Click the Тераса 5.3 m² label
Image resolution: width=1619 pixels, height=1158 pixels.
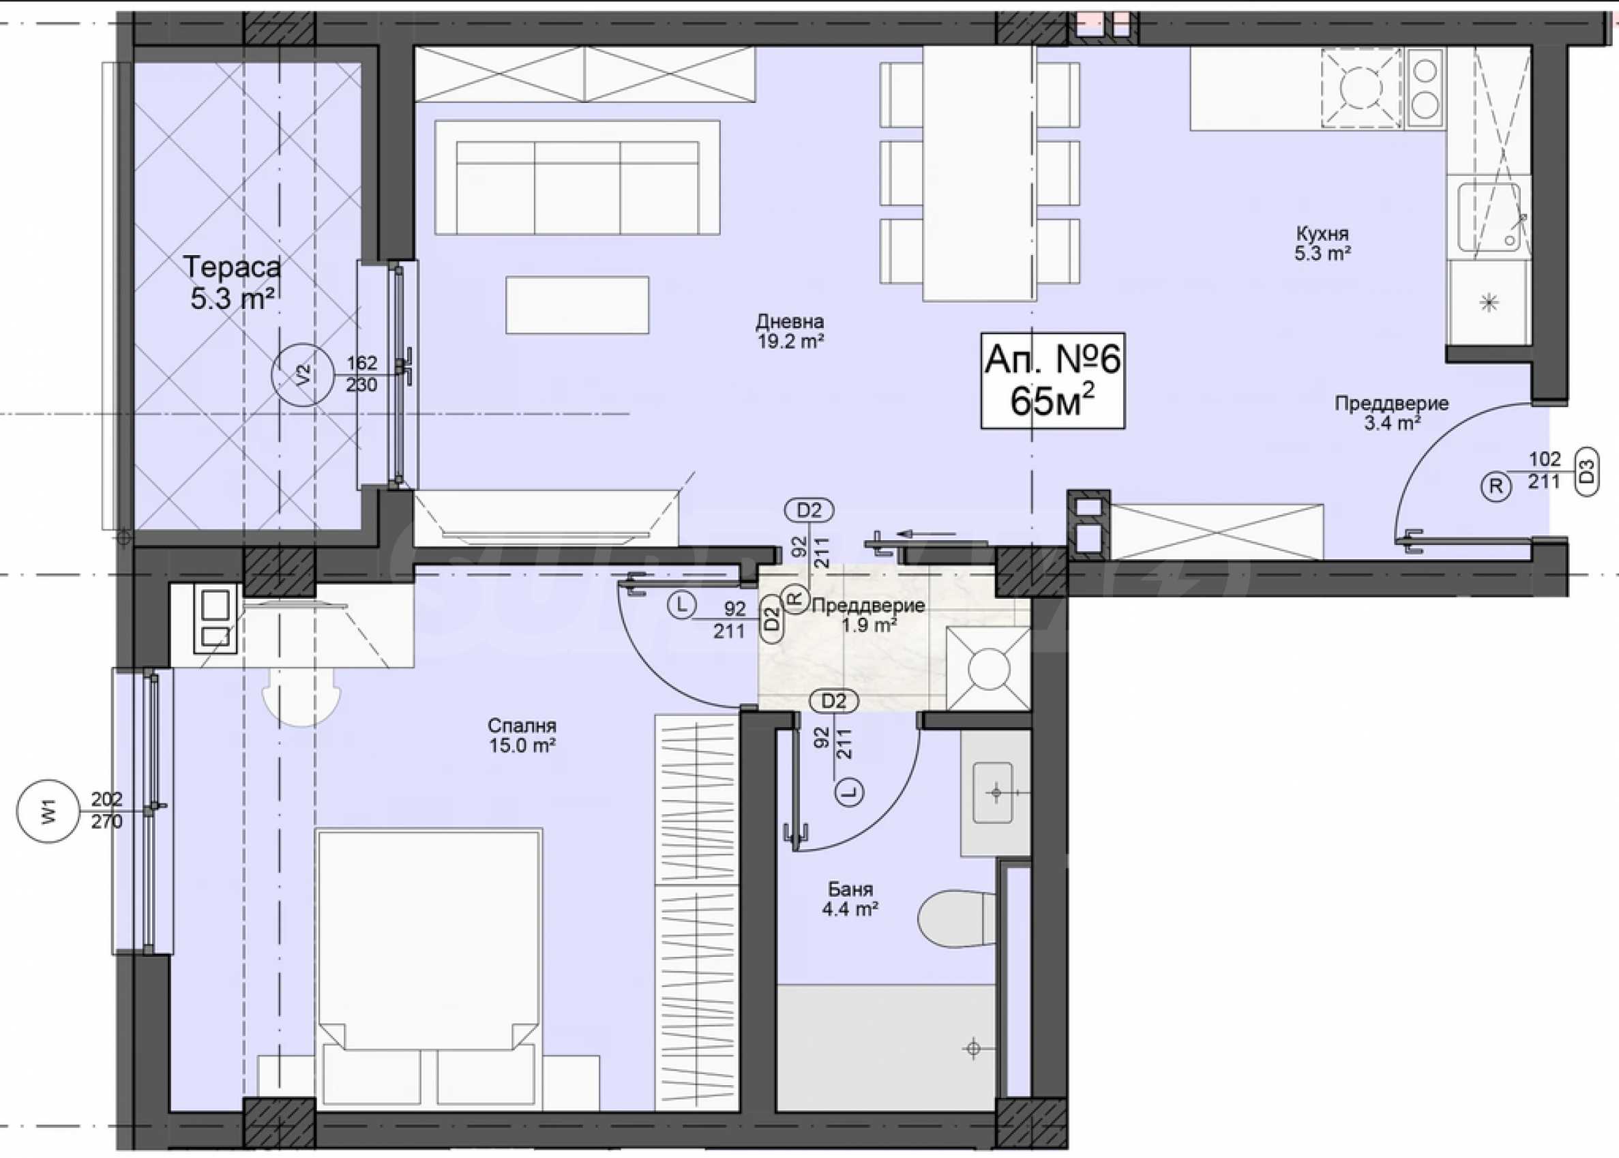tap(233, 283)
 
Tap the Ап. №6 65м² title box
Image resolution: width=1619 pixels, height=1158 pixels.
tap(1053, 381)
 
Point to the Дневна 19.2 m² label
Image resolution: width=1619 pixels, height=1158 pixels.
tap(790, 331)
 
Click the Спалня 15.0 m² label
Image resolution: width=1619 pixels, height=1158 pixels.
tap(522, 735)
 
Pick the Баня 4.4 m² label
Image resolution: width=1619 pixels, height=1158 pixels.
tap(850, 899)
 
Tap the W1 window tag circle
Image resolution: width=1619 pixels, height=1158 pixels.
tap(48, 812)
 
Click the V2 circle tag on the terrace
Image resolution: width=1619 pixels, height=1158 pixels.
tap(303, 375)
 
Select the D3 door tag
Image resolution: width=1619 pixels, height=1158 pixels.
tap(1586, 472)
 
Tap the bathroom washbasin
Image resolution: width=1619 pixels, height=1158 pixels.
tap(995, 792)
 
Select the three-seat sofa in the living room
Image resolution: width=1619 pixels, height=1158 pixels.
tap(578, 177)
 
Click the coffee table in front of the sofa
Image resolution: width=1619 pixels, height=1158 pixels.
tap(578, 304)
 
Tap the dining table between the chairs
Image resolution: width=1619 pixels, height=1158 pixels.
tap(979, 173)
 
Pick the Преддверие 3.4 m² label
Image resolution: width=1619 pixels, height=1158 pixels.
tap(1392, 413)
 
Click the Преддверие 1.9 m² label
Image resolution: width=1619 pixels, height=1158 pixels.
tap(868, 615)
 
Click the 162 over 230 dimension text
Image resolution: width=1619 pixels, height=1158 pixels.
tap(361, 374)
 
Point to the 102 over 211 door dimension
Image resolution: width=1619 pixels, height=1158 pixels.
tap(1544, 470)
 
